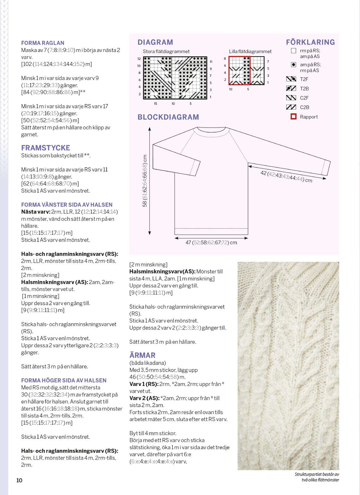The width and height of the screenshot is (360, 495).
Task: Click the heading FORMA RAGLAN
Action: click(x=42, y=43)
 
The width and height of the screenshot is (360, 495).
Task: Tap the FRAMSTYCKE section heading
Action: click(x=45, y=148)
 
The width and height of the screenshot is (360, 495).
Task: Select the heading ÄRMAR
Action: click(x=142, y=355)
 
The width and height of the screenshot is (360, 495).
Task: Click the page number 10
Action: click(x=19, y=480)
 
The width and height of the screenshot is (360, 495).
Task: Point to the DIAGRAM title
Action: click(x=155, y=42)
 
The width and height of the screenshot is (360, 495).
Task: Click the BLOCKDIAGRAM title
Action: click(x=168, y=117)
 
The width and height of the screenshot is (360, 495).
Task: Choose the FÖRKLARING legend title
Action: click(x=310, y=42)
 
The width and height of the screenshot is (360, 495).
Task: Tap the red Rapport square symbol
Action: click(x=293, y=117)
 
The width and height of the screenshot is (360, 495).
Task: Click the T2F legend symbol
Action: click(x=291, y=79)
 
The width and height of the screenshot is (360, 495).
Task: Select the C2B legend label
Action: click(x=304, y=107)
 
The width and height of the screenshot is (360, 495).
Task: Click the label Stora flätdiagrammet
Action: click(x=166, y=52)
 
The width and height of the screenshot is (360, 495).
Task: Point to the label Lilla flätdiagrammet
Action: click(x=250, y=52)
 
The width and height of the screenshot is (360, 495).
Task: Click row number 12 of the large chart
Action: click(x=139, y=59)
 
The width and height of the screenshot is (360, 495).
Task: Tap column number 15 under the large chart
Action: click(x=156, y=104)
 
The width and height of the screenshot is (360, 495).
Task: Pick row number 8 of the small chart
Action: click(x=225, y=59)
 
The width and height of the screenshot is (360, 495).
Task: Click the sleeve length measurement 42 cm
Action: click(x=286, y=177)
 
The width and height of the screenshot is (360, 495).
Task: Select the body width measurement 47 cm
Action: click(x=211, y=242)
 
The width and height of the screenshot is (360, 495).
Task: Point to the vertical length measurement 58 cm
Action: click(x=145, y=181)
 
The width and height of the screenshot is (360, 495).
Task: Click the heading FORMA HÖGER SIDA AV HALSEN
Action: click(x=64, y=380)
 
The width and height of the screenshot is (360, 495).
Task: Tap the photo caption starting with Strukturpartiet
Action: click(x=317, y=477)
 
